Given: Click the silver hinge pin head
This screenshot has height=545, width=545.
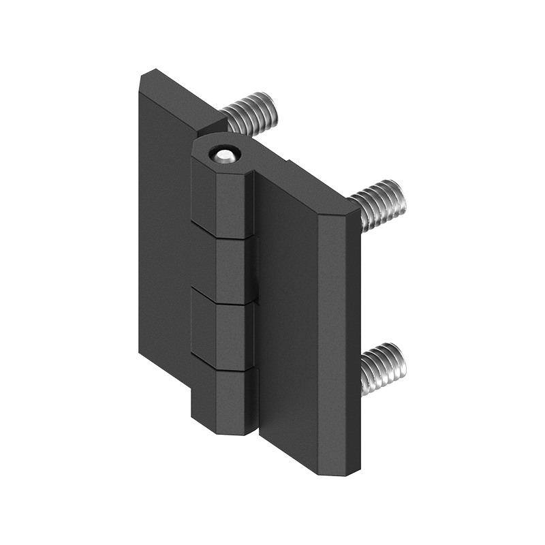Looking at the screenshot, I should coord(224,155).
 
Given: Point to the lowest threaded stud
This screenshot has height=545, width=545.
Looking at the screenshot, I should coord(383,369).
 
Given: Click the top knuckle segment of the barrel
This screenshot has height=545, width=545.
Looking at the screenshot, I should coord(222,198).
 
